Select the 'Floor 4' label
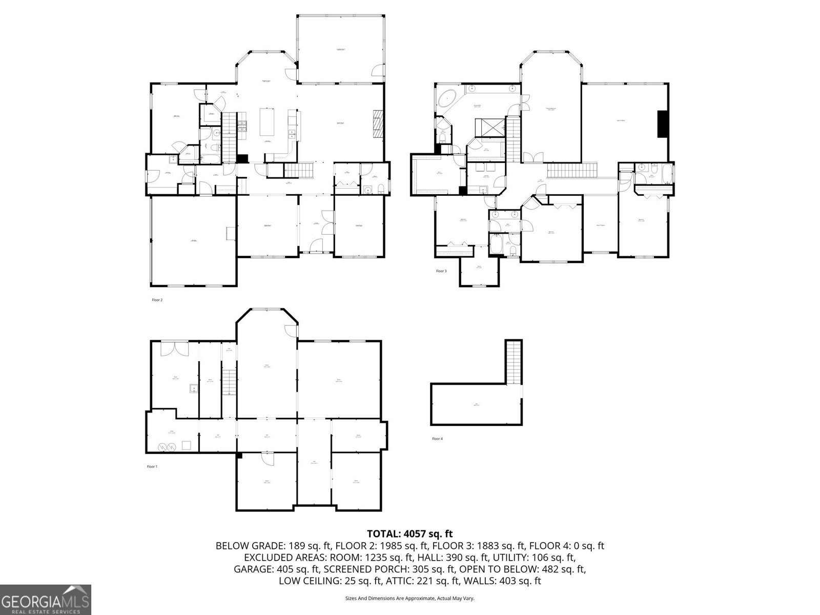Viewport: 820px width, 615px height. coord(437,439)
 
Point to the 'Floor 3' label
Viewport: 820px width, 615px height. coord(441,271)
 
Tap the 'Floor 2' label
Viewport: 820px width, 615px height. coord(157,300)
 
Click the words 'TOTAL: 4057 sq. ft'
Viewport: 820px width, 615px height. coord(409,534)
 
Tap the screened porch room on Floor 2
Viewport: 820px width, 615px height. coord(340,49)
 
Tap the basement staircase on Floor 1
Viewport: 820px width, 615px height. coord(229,377)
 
